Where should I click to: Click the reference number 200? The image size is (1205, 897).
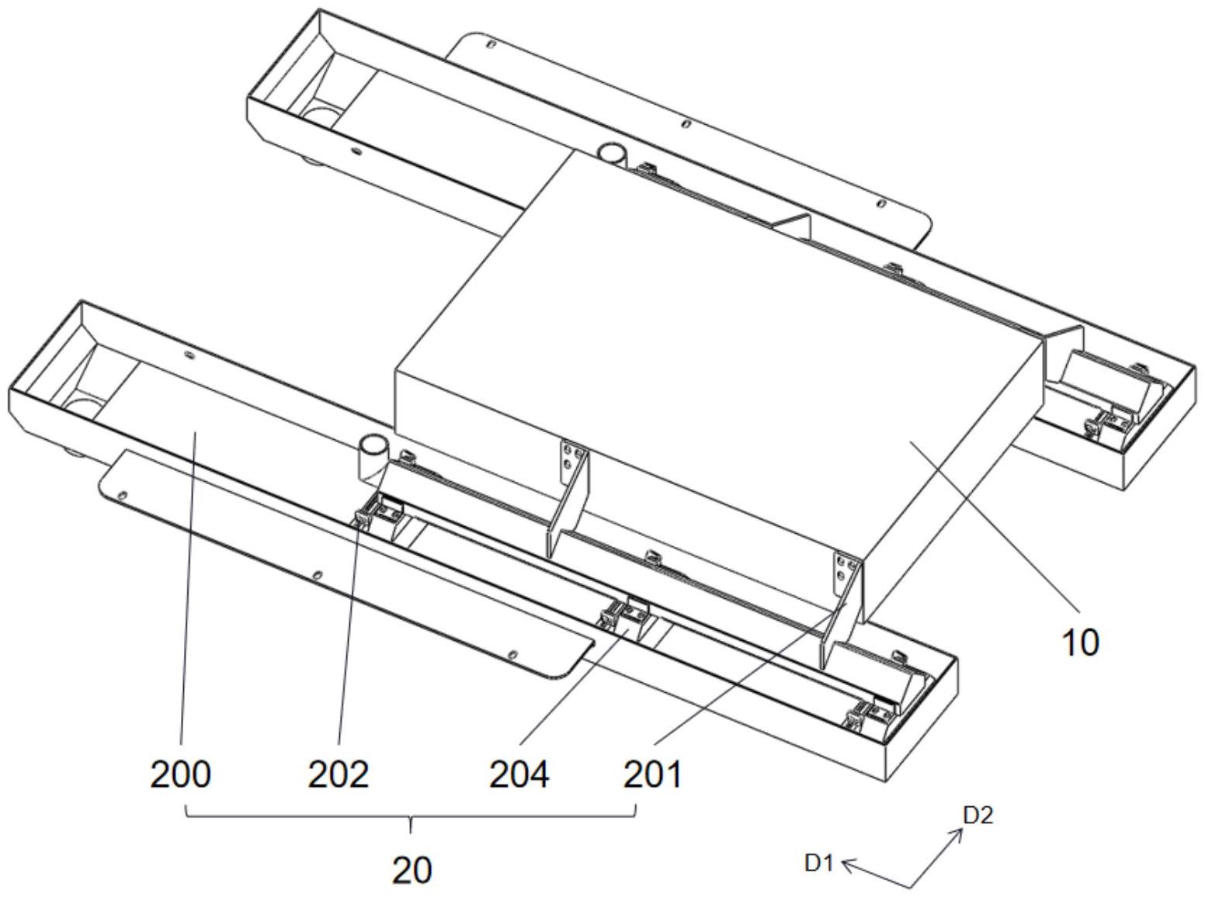pos(180,774)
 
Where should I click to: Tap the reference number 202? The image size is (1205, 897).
pos(339,774)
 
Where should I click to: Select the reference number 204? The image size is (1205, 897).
pos(519,774)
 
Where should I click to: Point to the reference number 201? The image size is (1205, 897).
pos(653,774)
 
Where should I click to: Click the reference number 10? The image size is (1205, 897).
pos(1079,642)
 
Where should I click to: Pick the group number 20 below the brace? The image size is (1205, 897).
pos(412,871)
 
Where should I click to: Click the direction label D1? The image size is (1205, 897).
pos(818,862)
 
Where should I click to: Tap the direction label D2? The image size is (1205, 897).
pos(978,815)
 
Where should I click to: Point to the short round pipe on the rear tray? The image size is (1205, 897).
pos(613,153)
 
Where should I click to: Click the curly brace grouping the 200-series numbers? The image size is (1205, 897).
pos(412,815)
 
